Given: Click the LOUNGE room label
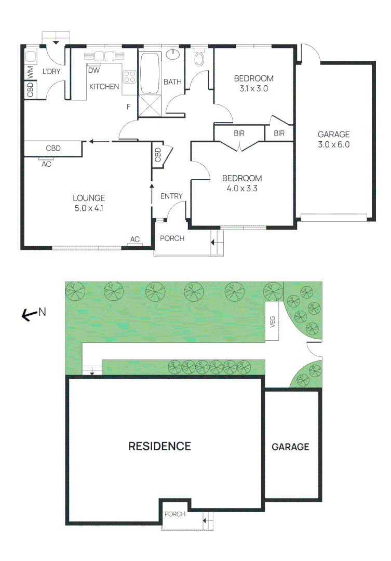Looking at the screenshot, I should pyautogui.click(x=89, y=198).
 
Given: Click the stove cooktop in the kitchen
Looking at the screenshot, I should pyautogui.click(x=129, y=77).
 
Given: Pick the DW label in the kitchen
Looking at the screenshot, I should pyautogui.click(x=94, y=71).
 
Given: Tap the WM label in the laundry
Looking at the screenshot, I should pyautogui.click(x=31, y=73).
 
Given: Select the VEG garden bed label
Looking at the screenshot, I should pyautogui.click(x=272, y=322).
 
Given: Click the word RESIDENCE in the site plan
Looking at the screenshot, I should pyautogui.click(x=160, y=446).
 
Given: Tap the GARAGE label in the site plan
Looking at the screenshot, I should pyautogui.click(x=290, y=447).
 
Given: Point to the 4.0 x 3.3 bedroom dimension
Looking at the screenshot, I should pyautogui.click(x=242, y=189).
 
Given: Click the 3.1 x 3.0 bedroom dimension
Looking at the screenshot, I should pyautogui.click(x=253, y=89).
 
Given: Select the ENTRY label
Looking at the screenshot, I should pyautogui.click(x=171, y=196).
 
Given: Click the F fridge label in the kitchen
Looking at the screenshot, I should pyautogui.click(x=129, y=107).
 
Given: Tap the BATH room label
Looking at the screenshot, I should pyautogui.click(x=172, y=82).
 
